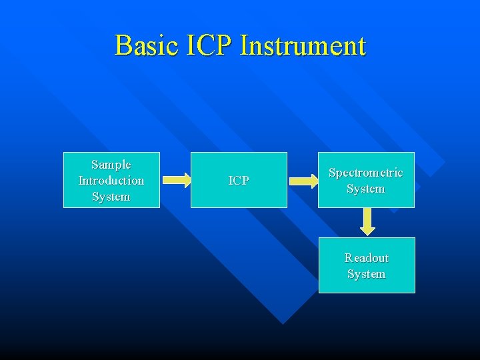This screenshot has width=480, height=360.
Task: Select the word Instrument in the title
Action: pos(303,46)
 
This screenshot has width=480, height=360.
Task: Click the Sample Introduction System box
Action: pos(111,180)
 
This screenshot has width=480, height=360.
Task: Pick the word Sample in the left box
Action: pos(111,165)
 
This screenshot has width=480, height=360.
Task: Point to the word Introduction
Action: pos(111,181)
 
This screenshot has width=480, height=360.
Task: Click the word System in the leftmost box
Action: pos(111,197)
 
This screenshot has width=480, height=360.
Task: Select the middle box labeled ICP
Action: pos(239,180)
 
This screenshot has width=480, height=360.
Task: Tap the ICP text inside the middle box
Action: pos(239,181)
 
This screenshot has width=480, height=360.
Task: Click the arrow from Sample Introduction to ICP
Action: pos(176,180)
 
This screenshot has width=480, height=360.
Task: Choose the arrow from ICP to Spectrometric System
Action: pos(303,180)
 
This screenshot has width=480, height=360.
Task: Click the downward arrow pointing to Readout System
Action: pos(367,222)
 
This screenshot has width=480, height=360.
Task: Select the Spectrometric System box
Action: pos(366,180)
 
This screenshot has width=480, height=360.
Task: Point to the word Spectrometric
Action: pos(366,173)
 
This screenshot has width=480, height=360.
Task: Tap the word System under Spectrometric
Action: pos(366,189)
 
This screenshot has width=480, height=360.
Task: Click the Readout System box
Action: pos(366,265)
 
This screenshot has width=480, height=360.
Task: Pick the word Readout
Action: pos(367,258)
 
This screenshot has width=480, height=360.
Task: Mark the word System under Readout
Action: pos(366,274)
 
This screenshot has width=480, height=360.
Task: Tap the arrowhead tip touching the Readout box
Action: pos(367,234)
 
